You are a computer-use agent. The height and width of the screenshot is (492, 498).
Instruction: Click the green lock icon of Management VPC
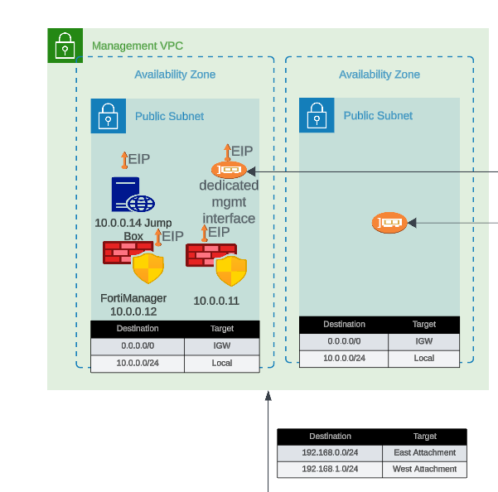point(65,45)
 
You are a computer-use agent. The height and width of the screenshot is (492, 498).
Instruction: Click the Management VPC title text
point(137,45)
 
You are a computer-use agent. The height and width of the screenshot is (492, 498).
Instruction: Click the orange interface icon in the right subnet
point(389,221)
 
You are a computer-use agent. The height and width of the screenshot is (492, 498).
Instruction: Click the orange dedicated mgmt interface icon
point(229,171)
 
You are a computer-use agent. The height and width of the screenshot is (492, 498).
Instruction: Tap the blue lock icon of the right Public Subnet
point(317,115)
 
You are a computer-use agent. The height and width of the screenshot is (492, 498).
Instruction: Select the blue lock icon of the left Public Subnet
point(108,115)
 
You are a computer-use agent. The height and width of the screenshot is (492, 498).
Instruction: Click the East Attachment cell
point(424,452)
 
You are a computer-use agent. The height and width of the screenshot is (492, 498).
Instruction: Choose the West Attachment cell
point(424,469)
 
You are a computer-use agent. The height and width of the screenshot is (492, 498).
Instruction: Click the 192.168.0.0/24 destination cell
point(330,452)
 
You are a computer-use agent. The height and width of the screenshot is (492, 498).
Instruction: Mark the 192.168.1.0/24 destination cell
point(330,469)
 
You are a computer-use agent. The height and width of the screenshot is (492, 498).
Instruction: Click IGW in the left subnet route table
point(222,345)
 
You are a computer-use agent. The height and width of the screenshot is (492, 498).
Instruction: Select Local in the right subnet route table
point(423,358)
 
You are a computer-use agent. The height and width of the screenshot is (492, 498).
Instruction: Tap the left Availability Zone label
point(175,75)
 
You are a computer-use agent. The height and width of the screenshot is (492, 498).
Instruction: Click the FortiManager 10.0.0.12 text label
point(133,305)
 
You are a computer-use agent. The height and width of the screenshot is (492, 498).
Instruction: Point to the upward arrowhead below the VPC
point(268,396)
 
